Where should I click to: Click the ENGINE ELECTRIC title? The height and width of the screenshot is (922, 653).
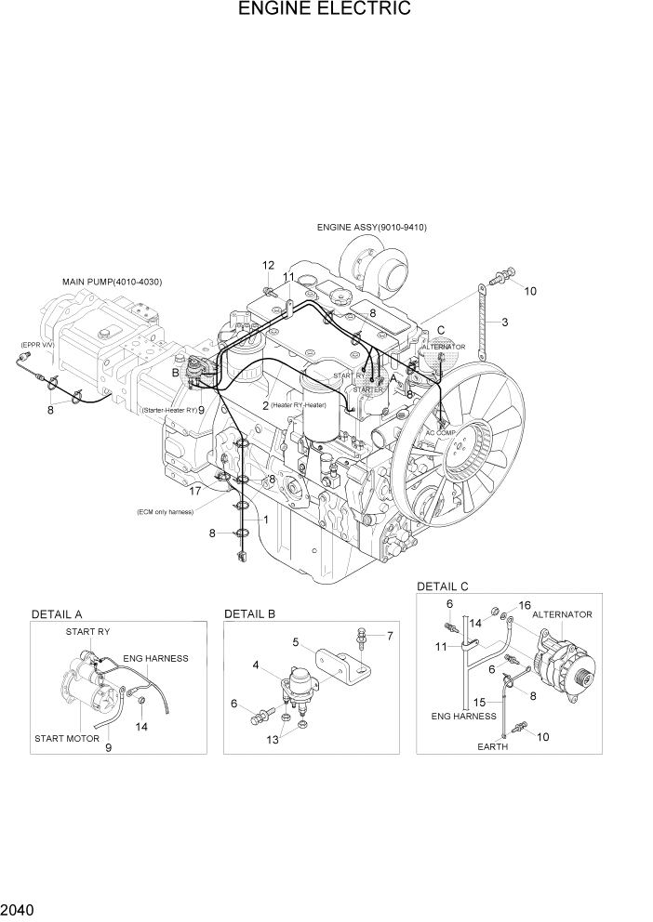pos(325,10)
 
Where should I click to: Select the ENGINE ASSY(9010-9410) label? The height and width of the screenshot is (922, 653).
pos(371,227)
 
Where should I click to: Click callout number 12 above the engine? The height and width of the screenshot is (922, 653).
pos(268,266)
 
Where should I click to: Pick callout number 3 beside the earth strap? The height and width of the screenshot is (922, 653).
pos(504,323)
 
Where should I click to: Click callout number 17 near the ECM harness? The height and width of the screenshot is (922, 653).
pos(195,491)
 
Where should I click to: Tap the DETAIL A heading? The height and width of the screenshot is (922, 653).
pos(57,614)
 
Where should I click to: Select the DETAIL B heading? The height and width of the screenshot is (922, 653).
pos(249,614)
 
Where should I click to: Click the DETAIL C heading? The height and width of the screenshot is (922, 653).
pos(442,586)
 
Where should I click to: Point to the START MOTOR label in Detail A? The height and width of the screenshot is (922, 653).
pos(67,738)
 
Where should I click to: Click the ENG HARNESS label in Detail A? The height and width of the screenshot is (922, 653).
pos(155,658)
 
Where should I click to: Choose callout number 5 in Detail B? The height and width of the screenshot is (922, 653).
pos(295,641)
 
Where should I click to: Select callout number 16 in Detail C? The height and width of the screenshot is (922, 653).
pos(525,605)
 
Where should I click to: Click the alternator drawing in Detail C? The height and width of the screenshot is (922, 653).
pos(561,665)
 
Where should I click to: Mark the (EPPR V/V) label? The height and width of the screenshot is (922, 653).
pos(37,345)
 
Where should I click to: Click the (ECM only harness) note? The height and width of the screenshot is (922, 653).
pos(169,510)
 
